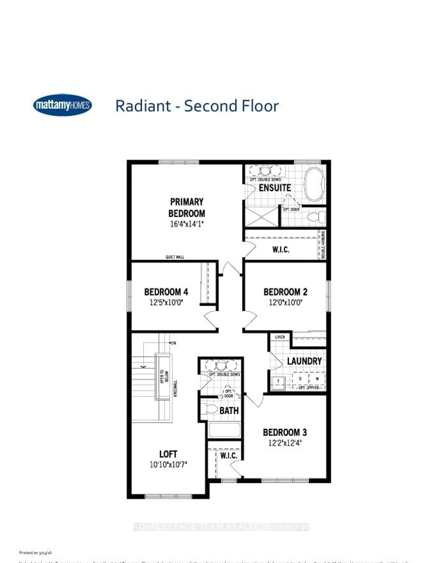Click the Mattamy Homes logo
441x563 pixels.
point(62,105)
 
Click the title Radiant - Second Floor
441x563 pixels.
point(197,106)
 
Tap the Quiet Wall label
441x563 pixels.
point(175,257)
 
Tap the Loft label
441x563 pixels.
point(168,454)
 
